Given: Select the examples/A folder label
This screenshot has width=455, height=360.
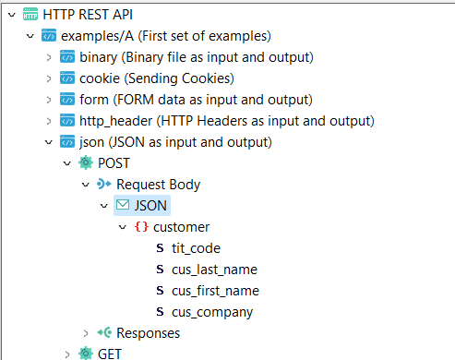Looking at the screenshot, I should point(165,36).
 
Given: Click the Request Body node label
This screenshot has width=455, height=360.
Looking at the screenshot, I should point(158,185).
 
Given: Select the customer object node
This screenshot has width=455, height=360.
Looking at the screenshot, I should point(181,227).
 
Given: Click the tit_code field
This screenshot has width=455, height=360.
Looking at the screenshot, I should point(196,248).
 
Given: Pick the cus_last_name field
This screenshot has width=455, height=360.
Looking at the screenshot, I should point(214,270).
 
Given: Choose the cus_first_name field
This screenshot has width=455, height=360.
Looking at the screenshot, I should point(215,291).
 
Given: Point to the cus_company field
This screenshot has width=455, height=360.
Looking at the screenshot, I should point(211,312).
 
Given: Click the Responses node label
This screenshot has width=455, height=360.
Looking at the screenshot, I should point(148,333).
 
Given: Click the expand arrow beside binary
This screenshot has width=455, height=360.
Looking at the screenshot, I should point(49,57).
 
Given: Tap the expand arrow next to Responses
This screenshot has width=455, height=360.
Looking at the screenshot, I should point(86,333).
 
